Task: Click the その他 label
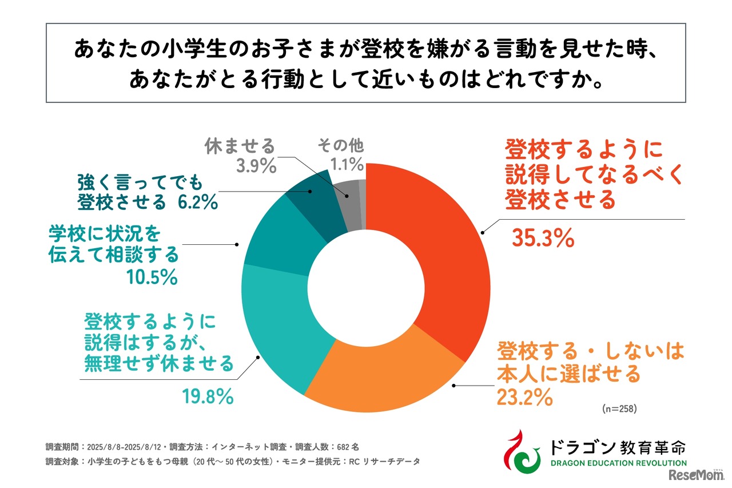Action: coord(341,145)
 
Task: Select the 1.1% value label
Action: coord(347,165)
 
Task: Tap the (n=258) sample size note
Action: coord(619,410)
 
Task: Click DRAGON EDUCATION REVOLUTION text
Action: coord(618,463)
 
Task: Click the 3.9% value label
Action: coord(256,166)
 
